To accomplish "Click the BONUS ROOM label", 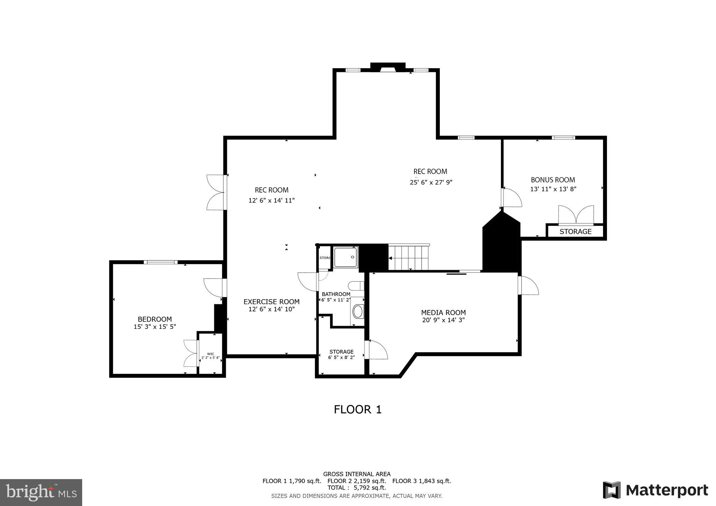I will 553,180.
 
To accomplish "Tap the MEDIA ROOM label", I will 443,313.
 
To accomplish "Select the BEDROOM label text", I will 155,319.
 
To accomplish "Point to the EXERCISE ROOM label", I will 271,302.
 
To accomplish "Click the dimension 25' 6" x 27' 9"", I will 431,182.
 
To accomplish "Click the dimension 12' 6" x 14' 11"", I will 271,201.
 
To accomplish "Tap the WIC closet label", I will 210,354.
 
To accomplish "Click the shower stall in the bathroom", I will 345,257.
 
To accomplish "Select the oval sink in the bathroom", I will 357,311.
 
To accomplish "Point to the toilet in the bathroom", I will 357,286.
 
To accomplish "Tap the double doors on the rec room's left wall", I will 216,192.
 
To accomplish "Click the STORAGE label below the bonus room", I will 575,232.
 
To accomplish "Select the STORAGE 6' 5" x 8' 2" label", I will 341,354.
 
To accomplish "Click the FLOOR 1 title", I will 357,409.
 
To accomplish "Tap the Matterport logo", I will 655,490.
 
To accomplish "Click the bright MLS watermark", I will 41,492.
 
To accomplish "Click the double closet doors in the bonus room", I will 575,215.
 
